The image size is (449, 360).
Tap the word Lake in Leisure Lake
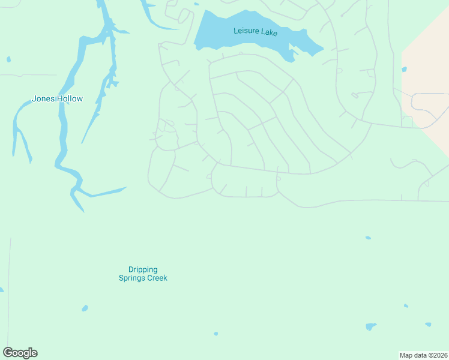269,32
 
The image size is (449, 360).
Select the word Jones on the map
43,99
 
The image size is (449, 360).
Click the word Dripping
142,270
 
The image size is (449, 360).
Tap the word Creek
157,278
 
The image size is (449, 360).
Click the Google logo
20,353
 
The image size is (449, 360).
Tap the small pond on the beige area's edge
404,70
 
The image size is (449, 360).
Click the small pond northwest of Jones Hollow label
8,59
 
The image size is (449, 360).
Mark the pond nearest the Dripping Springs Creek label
85,308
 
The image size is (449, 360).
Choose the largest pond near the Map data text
371,327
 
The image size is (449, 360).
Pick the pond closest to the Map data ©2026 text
428,325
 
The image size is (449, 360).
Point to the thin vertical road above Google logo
10,288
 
